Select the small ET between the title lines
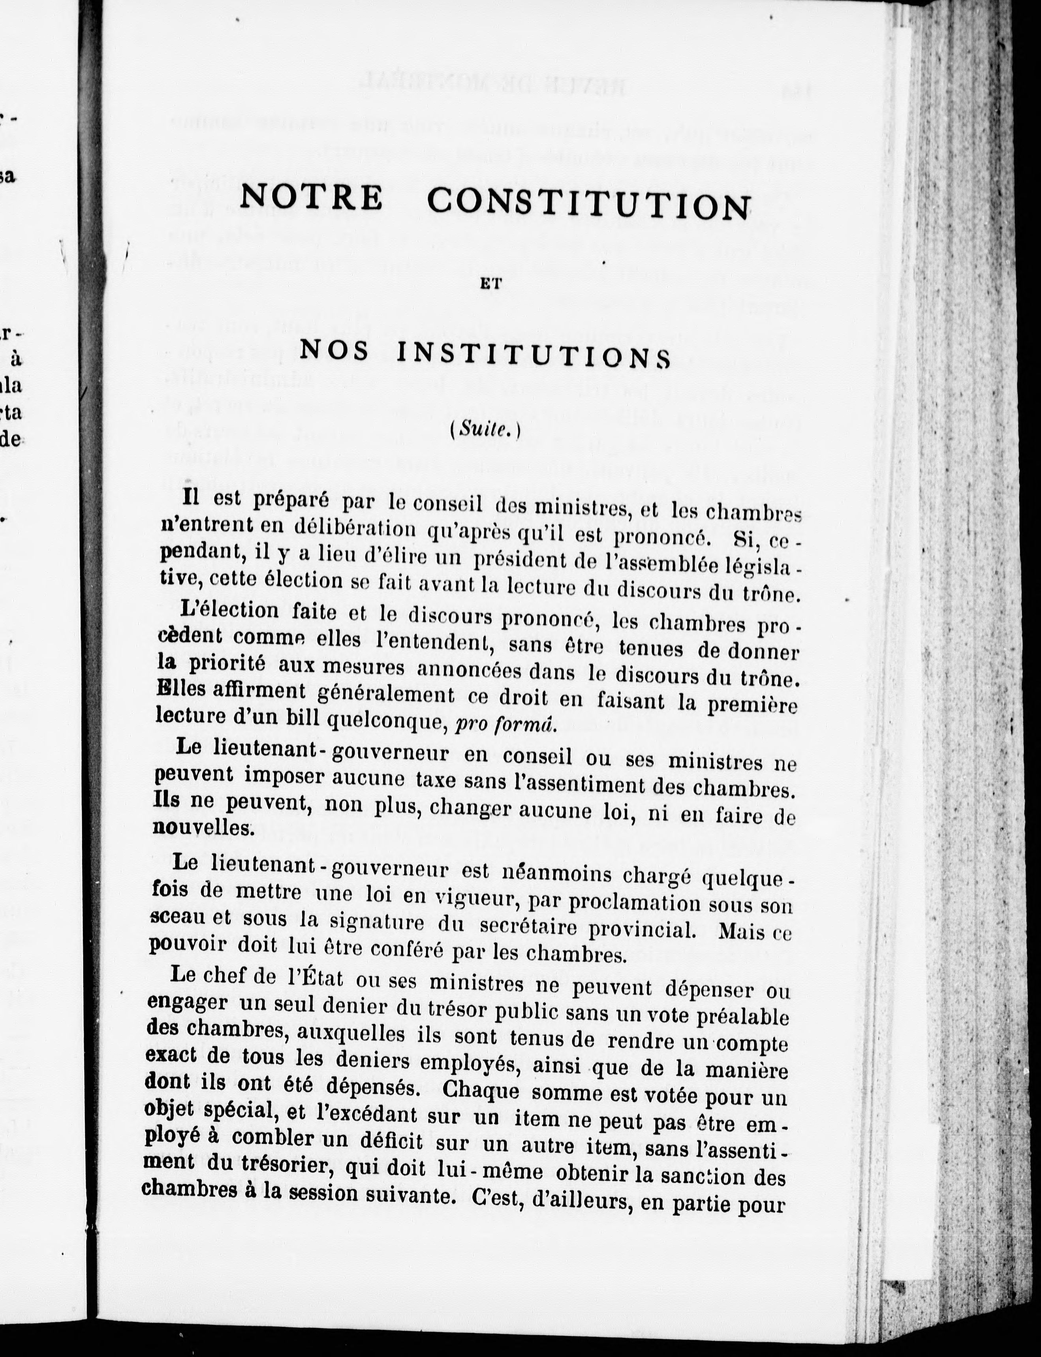pyautogui.click(x=485, y=286)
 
